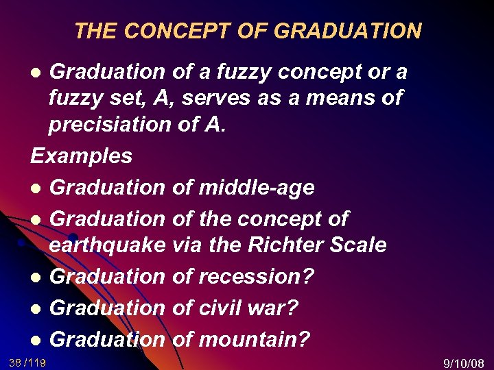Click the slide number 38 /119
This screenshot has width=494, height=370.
(x=27, y=362)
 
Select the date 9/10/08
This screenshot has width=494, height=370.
(x=464, y=362)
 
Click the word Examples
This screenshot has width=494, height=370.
(x=82, y=156)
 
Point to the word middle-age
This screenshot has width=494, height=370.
(x=256, y=188)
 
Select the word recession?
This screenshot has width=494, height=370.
(x=256, y=277)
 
